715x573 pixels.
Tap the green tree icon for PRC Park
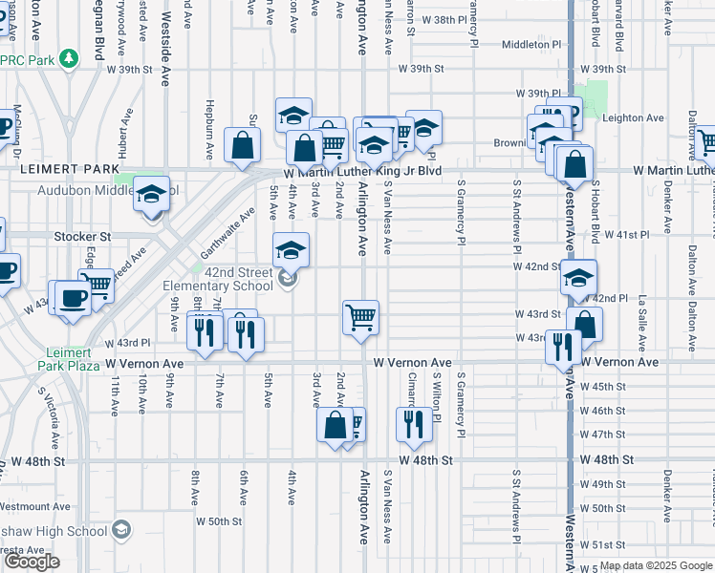click(x=69, y=59)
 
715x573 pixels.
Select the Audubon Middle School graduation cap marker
click(x=151, y=195)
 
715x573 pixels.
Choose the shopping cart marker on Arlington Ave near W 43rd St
click(x=361, y=317)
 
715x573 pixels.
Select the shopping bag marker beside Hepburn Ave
click(x=243, y=145)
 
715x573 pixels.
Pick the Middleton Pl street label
click(x=529, y=44)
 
